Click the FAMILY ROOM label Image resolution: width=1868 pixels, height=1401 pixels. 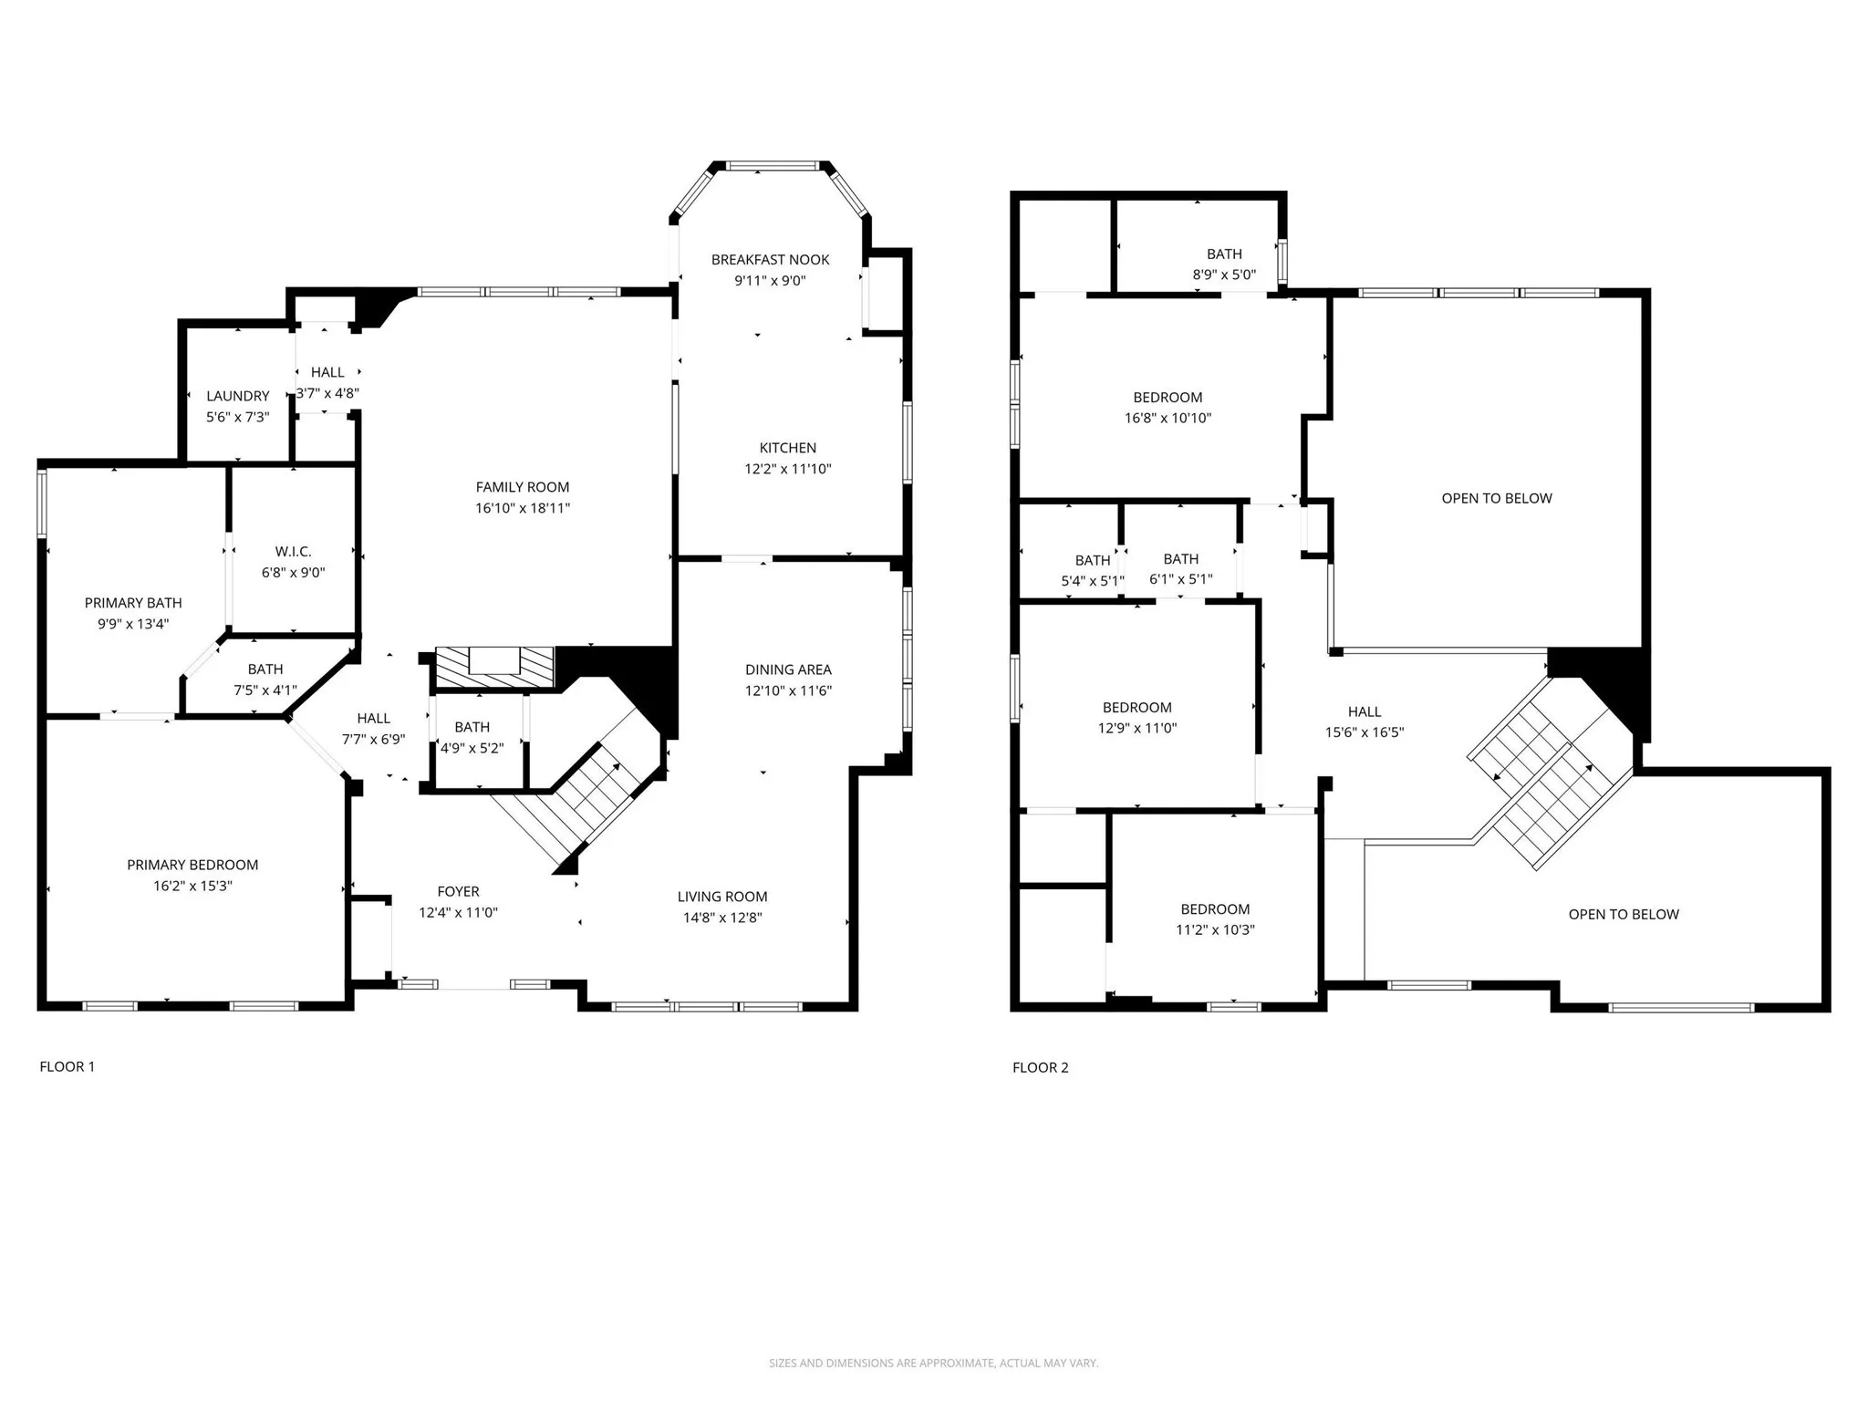coord(522,487)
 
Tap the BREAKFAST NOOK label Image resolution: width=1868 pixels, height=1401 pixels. coord(770,260)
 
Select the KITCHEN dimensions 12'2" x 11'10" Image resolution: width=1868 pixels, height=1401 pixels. coord(787,469)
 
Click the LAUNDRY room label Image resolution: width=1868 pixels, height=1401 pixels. coord(237,396)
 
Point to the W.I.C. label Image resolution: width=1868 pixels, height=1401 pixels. coord(293,552)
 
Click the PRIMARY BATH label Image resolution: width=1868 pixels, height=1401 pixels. coord(133,603)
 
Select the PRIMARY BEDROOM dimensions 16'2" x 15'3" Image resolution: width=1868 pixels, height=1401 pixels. coord(192,886)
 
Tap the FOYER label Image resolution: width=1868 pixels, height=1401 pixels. coord(458,891)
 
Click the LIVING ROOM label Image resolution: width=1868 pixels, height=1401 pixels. coord(721,897)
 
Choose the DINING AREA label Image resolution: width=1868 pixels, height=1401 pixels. coord(788,669)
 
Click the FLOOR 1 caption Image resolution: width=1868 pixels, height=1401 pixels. coord(67,1066)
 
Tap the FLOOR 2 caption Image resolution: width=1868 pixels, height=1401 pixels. coord(1040,1067)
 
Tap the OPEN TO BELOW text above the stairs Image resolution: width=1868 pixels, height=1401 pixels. coord(1496,498)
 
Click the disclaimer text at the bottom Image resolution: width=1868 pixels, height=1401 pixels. coord(933,1363)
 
